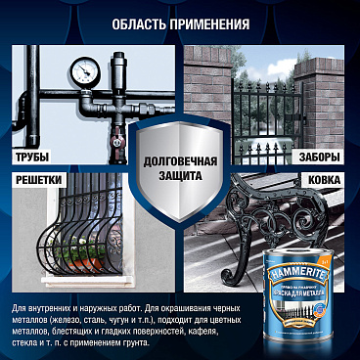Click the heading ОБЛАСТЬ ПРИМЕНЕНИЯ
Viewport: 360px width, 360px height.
coord(180,24)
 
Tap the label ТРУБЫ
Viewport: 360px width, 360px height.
coord(32,157)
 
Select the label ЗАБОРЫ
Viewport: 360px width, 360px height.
coord(321,157)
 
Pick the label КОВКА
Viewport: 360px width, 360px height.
coord(325,181)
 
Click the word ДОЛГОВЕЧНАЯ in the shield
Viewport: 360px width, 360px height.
coord(180,160)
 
